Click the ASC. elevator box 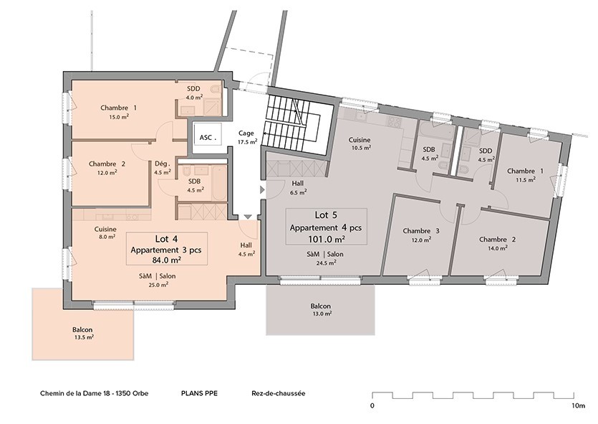click(x=207, y=136)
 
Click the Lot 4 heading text click(x=167, y=239)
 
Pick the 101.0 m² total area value click(x=327, y=239)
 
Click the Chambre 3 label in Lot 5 click(x=421, y=231)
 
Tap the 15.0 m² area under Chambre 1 click(x=118, y=116)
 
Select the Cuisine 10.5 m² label click(x=360, y=143)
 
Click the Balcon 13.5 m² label click(x=82, y=334)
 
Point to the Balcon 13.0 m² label click(x=322, y=309)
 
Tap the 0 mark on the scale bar click(x=372, y=406)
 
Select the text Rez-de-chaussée click(x=279, y=394)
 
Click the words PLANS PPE click(x=200, y=394)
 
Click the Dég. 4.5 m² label click(x=162, y=168)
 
